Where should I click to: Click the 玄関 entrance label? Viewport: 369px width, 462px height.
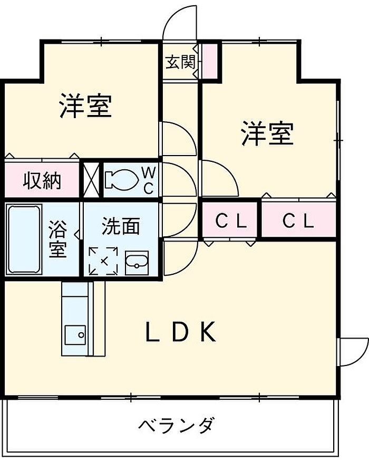[179, 62]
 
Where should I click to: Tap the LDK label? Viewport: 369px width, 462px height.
[180, 332]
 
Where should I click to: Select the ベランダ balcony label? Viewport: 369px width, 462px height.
[177, 425]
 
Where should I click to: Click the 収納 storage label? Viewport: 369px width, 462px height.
[42, 181]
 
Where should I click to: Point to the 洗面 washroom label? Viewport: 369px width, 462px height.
[121, 226]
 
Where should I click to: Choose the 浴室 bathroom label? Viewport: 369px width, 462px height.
[58, 240]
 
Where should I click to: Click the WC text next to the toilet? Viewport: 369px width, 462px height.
[148, 179]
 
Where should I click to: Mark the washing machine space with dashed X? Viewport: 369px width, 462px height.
[103, 261]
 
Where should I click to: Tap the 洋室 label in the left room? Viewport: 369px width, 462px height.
[85, 105]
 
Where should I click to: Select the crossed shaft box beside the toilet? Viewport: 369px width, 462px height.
[91, 179]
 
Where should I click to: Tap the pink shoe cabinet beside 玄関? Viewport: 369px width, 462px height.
[210, 60]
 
